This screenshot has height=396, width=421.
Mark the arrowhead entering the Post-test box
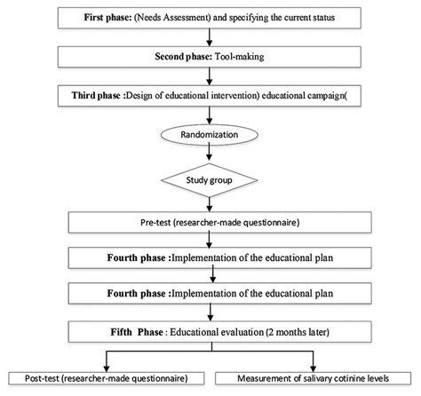107,367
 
